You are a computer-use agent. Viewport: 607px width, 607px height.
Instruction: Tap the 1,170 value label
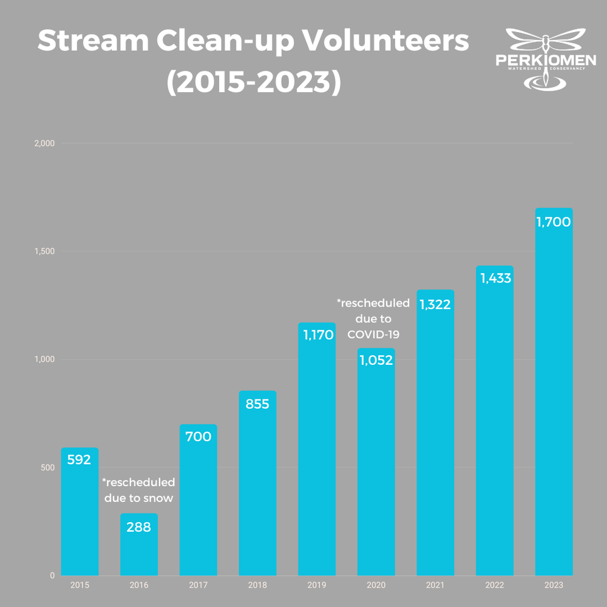coord(316,334)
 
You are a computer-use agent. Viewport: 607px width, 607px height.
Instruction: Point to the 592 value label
coord(79,459)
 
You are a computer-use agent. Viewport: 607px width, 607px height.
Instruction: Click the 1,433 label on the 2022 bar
coord(495,278)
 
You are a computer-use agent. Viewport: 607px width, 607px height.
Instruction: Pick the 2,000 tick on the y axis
coord(44,143)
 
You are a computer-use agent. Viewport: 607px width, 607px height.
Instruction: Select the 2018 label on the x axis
coord(257,586)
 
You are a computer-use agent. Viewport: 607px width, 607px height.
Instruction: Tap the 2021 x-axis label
coord(435,586)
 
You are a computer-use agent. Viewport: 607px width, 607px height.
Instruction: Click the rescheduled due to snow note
coord(138,490)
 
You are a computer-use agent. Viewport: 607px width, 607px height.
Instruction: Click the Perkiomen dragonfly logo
coord(546,59)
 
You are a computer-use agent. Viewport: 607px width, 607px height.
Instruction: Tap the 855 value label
coord(257,404)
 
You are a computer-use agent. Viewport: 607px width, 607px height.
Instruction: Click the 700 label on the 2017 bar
coord(198,436)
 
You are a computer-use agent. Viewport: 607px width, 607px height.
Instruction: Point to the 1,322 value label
coord(435,304)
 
